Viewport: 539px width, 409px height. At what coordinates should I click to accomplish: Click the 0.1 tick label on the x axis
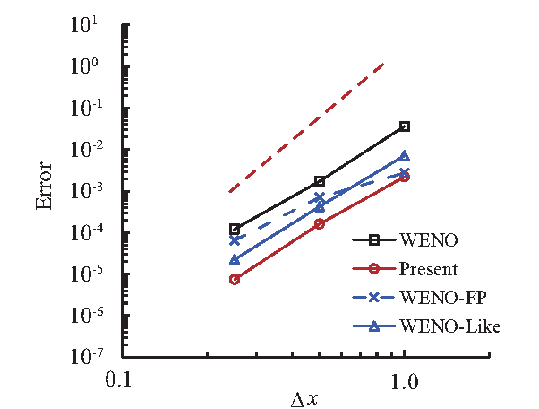point(120,380)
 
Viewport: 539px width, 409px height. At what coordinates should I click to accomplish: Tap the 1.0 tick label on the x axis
point(405,380)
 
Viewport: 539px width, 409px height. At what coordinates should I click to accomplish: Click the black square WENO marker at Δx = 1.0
point(405,126)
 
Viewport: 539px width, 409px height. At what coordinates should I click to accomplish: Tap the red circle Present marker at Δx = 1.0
point(405,178)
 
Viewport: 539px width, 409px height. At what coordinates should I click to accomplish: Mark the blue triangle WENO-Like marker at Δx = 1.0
point(405,156)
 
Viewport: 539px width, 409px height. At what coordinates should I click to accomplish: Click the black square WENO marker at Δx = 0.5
point(320,181)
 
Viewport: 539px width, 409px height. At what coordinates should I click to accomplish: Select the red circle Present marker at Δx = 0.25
point(235,279)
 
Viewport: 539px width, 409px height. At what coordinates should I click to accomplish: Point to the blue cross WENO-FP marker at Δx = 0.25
point(235,240)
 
